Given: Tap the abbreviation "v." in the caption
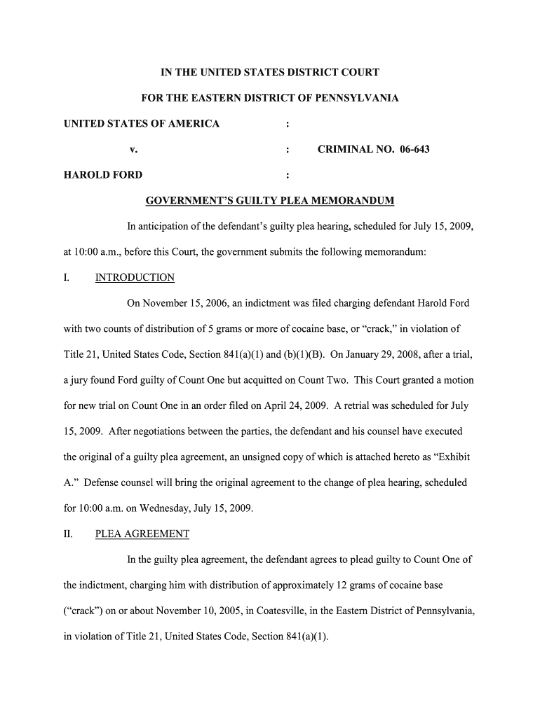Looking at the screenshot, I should (133, 149).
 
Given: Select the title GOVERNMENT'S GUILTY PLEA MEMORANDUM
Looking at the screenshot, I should (269, 201).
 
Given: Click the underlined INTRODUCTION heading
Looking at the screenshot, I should (135, 277).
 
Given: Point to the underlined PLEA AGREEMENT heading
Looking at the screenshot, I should (142, 534).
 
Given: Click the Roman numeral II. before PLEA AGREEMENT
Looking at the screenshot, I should (68, 534).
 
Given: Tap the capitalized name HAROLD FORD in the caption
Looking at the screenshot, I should (102, 175).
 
